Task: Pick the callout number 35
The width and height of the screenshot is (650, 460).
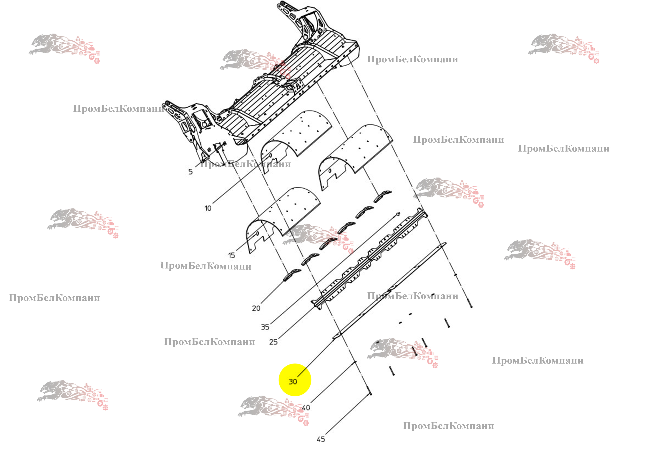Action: click(265, 327)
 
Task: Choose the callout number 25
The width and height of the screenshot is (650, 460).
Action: click(273, 342)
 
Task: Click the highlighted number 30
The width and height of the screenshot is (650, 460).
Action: click(293, 382)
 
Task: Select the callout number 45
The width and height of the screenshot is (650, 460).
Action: click(321, 439)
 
